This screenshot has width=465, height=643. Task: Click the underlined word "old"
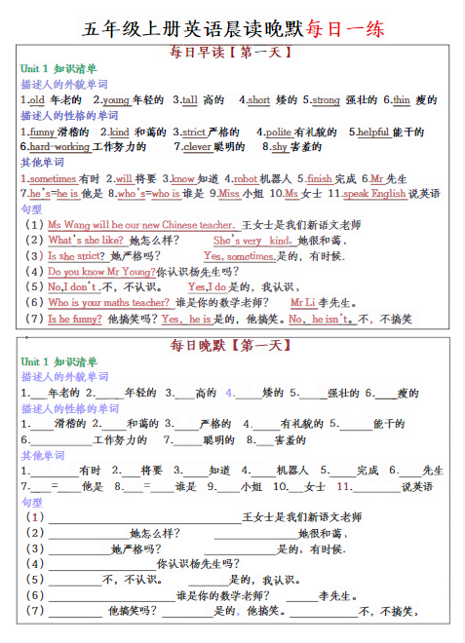(37, 99)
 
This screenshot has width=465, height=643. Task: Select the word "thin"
(402, 99)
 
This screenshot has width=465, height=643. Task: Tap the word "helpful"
(372, 132)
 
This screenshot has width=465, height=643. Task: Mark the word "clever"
(197, 147)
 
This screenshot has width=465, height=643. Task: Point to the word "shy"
(279, 147)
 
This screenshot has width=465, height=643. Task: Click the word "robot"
(245, 178)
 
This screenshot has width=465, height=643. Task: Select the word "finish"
(319, 178)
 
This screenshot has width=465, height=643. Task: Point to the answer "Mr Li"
(303, 302)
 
